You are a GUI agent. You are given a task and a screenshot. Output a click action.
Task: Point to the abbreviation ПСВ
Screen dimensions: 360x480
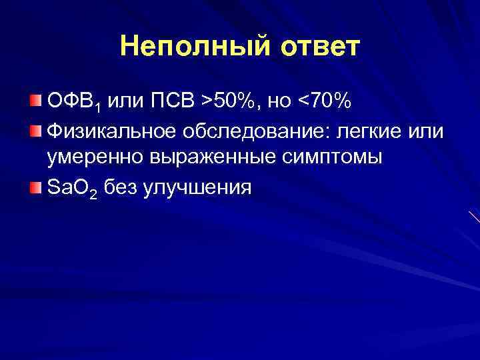point(175,101)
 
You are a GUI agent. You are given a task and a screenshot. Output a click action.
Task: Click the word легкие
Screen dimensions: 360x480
point(369,130)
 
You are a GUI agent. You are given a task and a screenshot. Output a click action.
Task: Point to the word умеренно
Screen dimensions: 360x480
point(93,159)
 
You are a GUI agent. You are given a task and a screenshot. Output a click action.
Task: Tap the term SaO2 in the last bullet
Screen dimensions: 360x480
point(72,188)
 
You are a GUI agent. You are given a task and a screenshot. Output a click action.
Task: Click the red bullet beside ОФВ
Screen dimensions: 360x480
point(35,101)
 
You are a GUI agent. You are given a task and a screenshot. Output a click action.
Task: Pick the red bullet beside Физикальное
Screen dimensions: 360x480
point(35,129)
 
